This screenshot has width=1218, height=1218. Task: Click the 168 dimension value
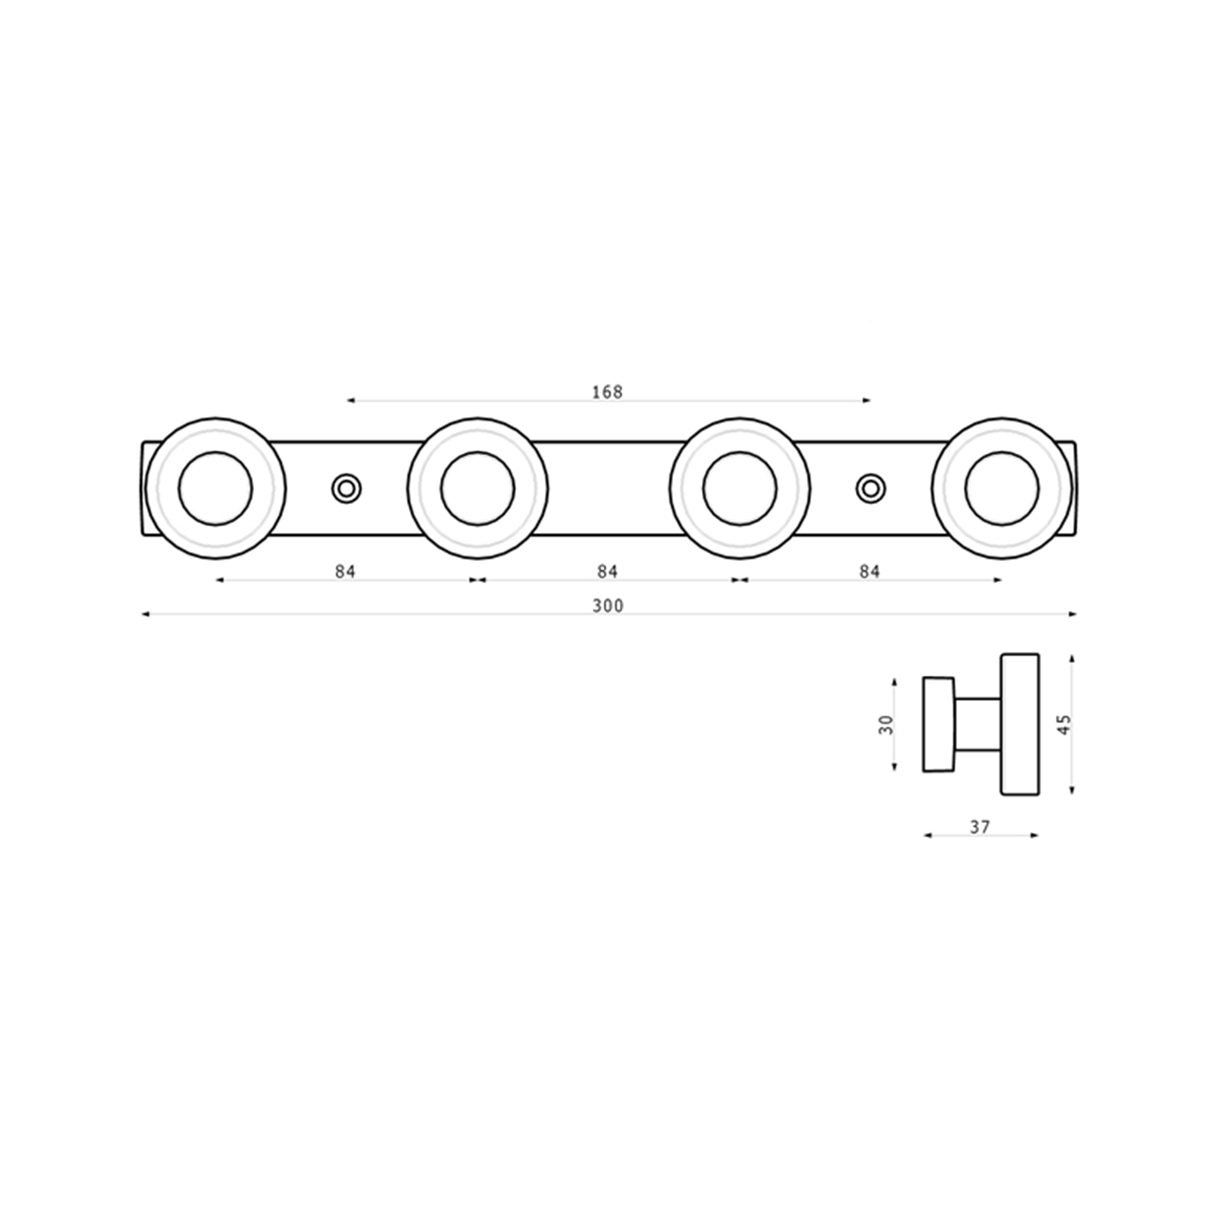pos(607,392)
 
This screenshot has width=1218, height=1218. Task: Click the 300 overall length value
pos(607,606)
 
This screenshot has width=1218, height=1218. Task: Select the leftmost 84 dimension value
pos(346,571)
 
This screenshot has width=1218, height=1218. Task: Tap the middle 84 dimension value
pos(607,571)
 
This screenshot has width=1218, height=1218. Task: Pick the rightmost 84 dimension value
pos(869,571)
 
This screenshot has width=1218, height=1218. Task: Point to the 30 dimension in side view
pos(886,724)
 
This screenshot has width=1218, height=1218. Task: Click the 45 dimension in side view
pos(1064,724)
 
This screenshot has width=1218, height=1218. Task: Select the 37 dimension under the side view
pos(980,826)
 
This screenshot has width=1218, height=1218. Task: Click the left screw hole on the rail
pos(346,488)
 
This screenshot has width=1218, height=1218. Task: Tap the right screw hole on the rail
pos(871,488)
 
